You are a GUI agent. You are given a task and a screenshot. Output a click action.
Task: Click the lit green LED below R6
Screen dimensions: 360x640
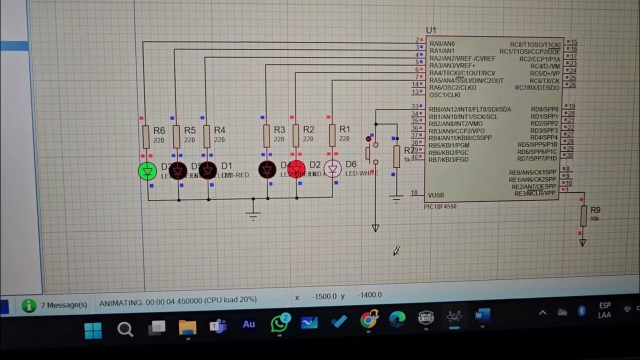(147, 171)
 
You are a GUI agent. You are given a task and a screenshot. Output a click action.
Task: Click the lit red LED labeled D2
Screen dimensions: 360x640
(296, 169)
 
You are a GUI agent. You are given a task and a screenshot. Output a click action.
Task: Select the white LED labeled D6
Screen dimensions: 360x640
(332, 168)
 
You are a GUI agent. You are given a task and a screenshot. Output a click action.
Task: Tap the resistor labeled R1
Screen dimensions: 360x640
(332, 135)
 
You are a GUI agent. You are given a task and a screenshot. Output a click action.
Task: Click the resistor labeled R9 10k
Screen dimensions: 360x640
(583, 216)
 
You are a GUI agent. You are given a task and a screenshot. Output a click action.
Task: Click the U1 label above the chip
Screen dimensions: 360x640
(431, 30)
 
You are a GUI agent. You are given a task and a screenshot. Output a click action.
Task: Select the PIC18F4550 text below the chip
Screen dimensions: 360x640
(440, 206)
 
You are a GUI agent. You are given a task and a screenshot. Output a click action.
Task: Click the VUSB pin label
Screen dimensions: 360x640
(436, 195)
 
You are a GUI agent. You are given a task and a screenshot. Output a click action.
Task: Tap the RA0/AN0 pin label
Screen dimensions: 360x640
(442, 44)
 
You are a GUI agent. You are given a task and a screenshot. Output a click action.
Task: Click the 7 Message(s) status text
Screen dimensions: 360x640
(64, 304)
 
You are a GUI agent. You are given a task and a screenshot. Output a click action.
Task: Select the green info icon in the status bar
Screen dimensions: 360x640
(29, 305)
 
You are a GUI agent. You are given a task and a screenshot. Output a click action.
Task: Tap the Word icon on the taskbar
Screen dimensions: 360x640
(482, 316)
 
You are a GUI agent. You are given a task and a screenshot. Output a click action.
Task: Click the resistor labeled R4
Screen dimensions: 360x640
(207, 136)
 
